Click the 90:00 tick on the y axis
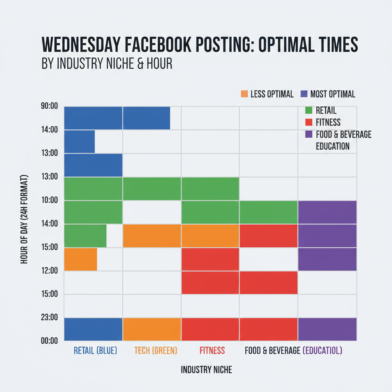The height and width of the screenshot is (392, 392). pos(49,106)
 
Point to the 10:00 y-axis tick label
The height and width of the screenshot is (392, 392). pos(49,200)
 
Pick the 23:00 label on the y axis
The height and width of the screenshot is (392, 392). pos(49,317)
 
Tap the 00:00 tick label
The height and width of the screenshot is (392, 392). pos(49,340)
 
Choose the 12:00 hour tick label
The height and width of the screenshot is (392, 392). pos(49,270)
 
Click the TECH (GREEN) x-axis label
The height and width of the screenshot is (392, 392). pos(155,350)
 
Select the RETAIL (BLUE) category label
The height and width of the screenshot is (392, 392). pos(95,350)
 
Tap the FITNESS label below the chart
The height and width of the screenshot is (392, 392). pos(212,350)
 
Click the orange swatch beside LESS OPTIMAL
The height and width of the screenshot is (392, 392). pos(244,94)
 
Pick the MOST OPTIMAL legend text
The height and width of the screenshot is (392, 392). pos(333,94)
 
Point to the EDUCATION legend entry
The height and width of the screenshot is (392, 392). pos(333,146)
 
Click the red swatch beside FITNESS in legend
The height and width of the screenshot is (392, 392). pos(309,122)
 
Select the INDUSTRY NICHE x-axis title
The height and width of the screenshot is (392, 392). pos(206,370)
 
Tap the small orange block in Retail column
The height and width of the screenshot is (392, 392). pos(80,259)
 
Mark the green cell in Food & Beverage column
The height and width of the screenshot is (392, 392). pos(268,212)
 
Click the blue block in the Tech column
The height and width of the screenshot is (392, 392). pos(146,118)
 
